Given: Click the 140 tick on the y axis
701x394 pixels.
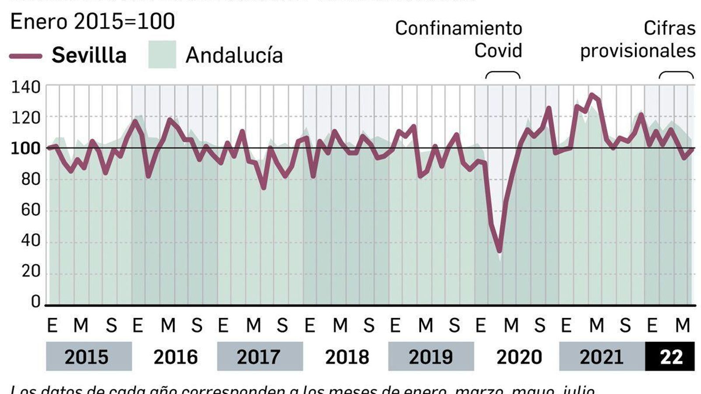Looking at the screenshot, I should click(25, 88).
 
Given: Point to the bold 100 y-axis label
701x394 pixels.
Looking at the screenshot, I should click(25, 149).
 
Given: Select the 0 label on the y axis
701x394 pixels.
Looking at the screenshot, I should click(35, 302).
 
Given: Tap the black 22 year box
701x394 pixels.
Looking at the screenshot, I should click(670, 357).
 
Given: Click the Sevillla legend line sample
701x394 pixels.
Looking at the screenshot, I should click(25, 56).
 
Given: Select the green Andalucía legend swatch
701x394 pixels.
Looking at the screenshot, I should click(162, 55).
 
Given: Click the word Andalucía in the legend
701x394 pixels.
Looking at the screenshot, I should click(234, 56).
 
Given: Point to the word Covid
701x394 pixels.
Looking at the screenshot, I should click(498, 50).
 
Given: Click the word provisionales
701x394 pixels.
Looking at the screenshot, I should click(637, 51).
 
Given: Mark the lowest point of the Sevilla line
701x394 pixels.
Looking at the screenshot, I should click(499, 251).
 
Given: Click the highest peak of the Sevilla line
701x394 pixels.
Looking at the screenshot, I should click(592, 95).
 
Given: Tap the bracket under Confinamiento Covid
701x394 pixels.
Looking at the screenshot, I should click(503, 74).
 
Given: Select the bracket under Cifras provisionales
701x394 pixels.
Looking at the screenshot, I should click(676, 74).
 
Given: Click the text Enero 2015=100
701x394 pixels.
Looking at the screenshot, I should click(92, 22).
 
